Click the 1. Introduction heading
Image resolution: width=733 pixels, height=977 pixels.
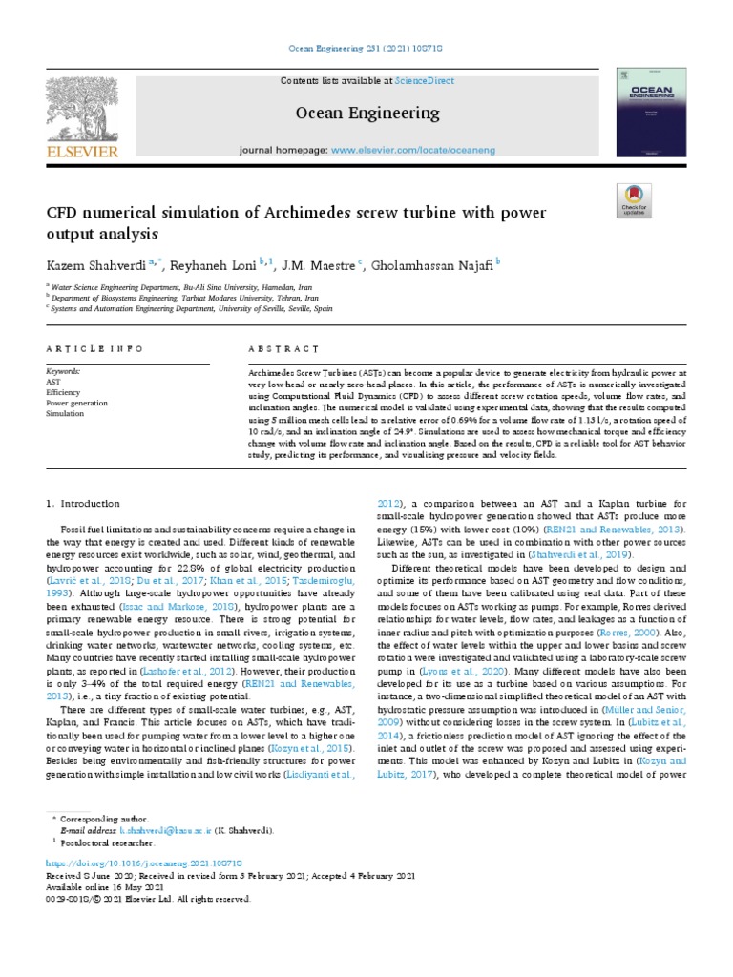click(83, 503)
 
